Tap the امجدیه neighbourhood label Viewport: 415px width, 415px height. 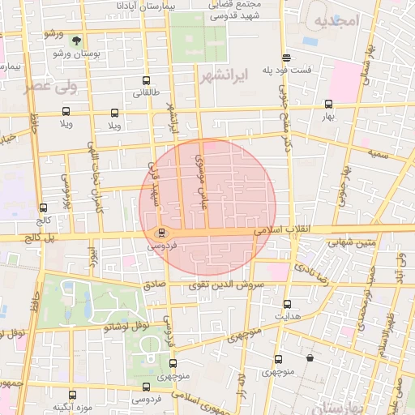pyautogui.click(x=336, y=20)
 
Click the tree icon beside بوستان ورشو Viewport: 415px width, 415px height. pyautogui.click(x=76, y=40)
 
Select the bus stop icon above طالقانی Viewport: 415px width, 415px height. pyautogui.click(x=146, y=81)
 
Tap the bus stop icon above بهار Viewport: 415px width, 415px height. pyautogui.click(x=328, y=104)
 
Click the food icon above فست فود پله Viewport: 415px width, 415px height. pyautogui.click(x=287, y=58)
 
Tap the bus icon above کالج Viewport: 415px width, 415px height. pyautogui.click(x=43, y=208)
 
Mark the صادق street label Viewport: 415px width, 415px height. pyautogui.click(x=154, y=285)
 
